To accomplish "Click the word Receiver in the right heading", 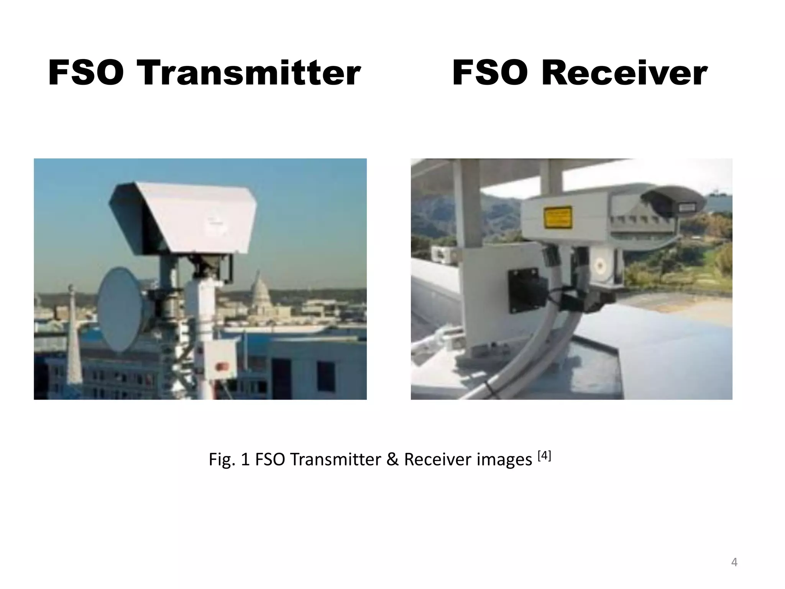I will [x=624, y=73].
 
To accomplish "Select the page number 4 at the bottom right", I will [x=734, y=562].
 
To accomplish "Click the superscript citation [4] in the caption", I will [x=544, y=456].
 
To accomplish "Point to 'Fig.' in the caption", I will [x=222, y=459].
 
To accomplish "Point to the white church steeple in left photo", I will [x=74, y=337].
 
